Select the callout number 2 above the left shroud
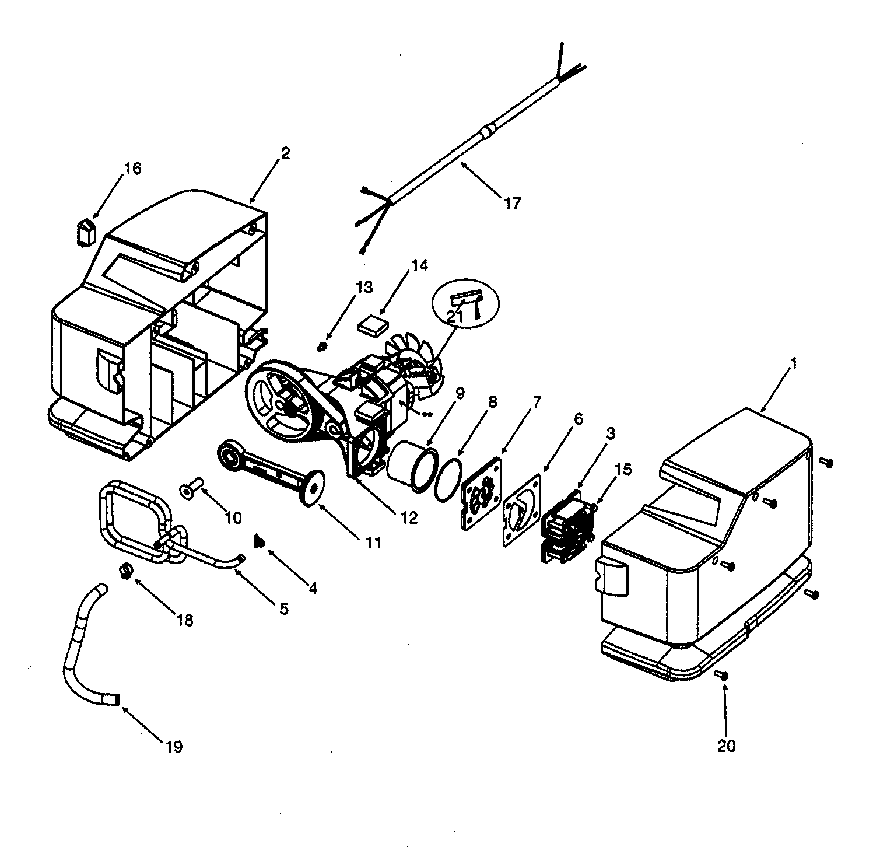[x=285, y=153]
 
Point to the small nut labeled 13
[x=321, y=348]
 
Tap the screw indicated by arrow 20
[x=722, y=674]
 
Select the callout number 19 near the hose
[x=174, y=746]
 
